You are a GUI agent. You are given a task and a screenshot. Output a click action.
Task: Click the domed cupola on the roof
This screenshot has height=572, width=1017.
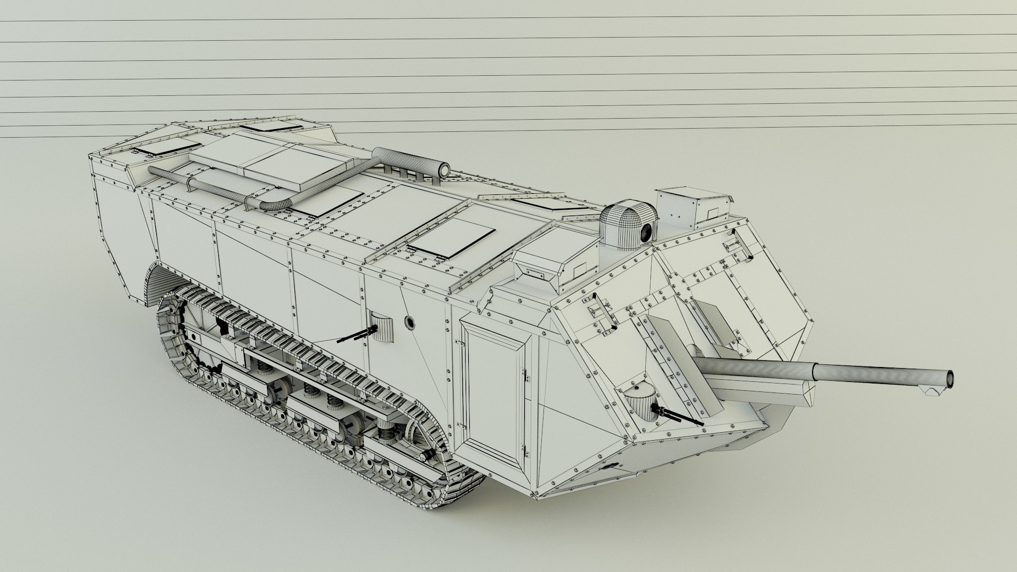click(628, 222)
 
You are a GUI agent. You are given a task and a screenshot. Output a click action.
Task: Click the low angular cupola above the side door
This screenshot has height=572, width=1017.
click(546, 265)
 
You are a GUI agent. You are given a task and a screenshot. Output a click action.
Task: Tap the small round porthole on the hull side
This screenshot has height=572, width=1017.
click(409, 321)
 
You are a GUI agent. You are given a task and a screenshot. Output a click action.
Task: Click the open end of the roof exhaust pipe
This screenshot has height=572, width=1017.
click(443, 170)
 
